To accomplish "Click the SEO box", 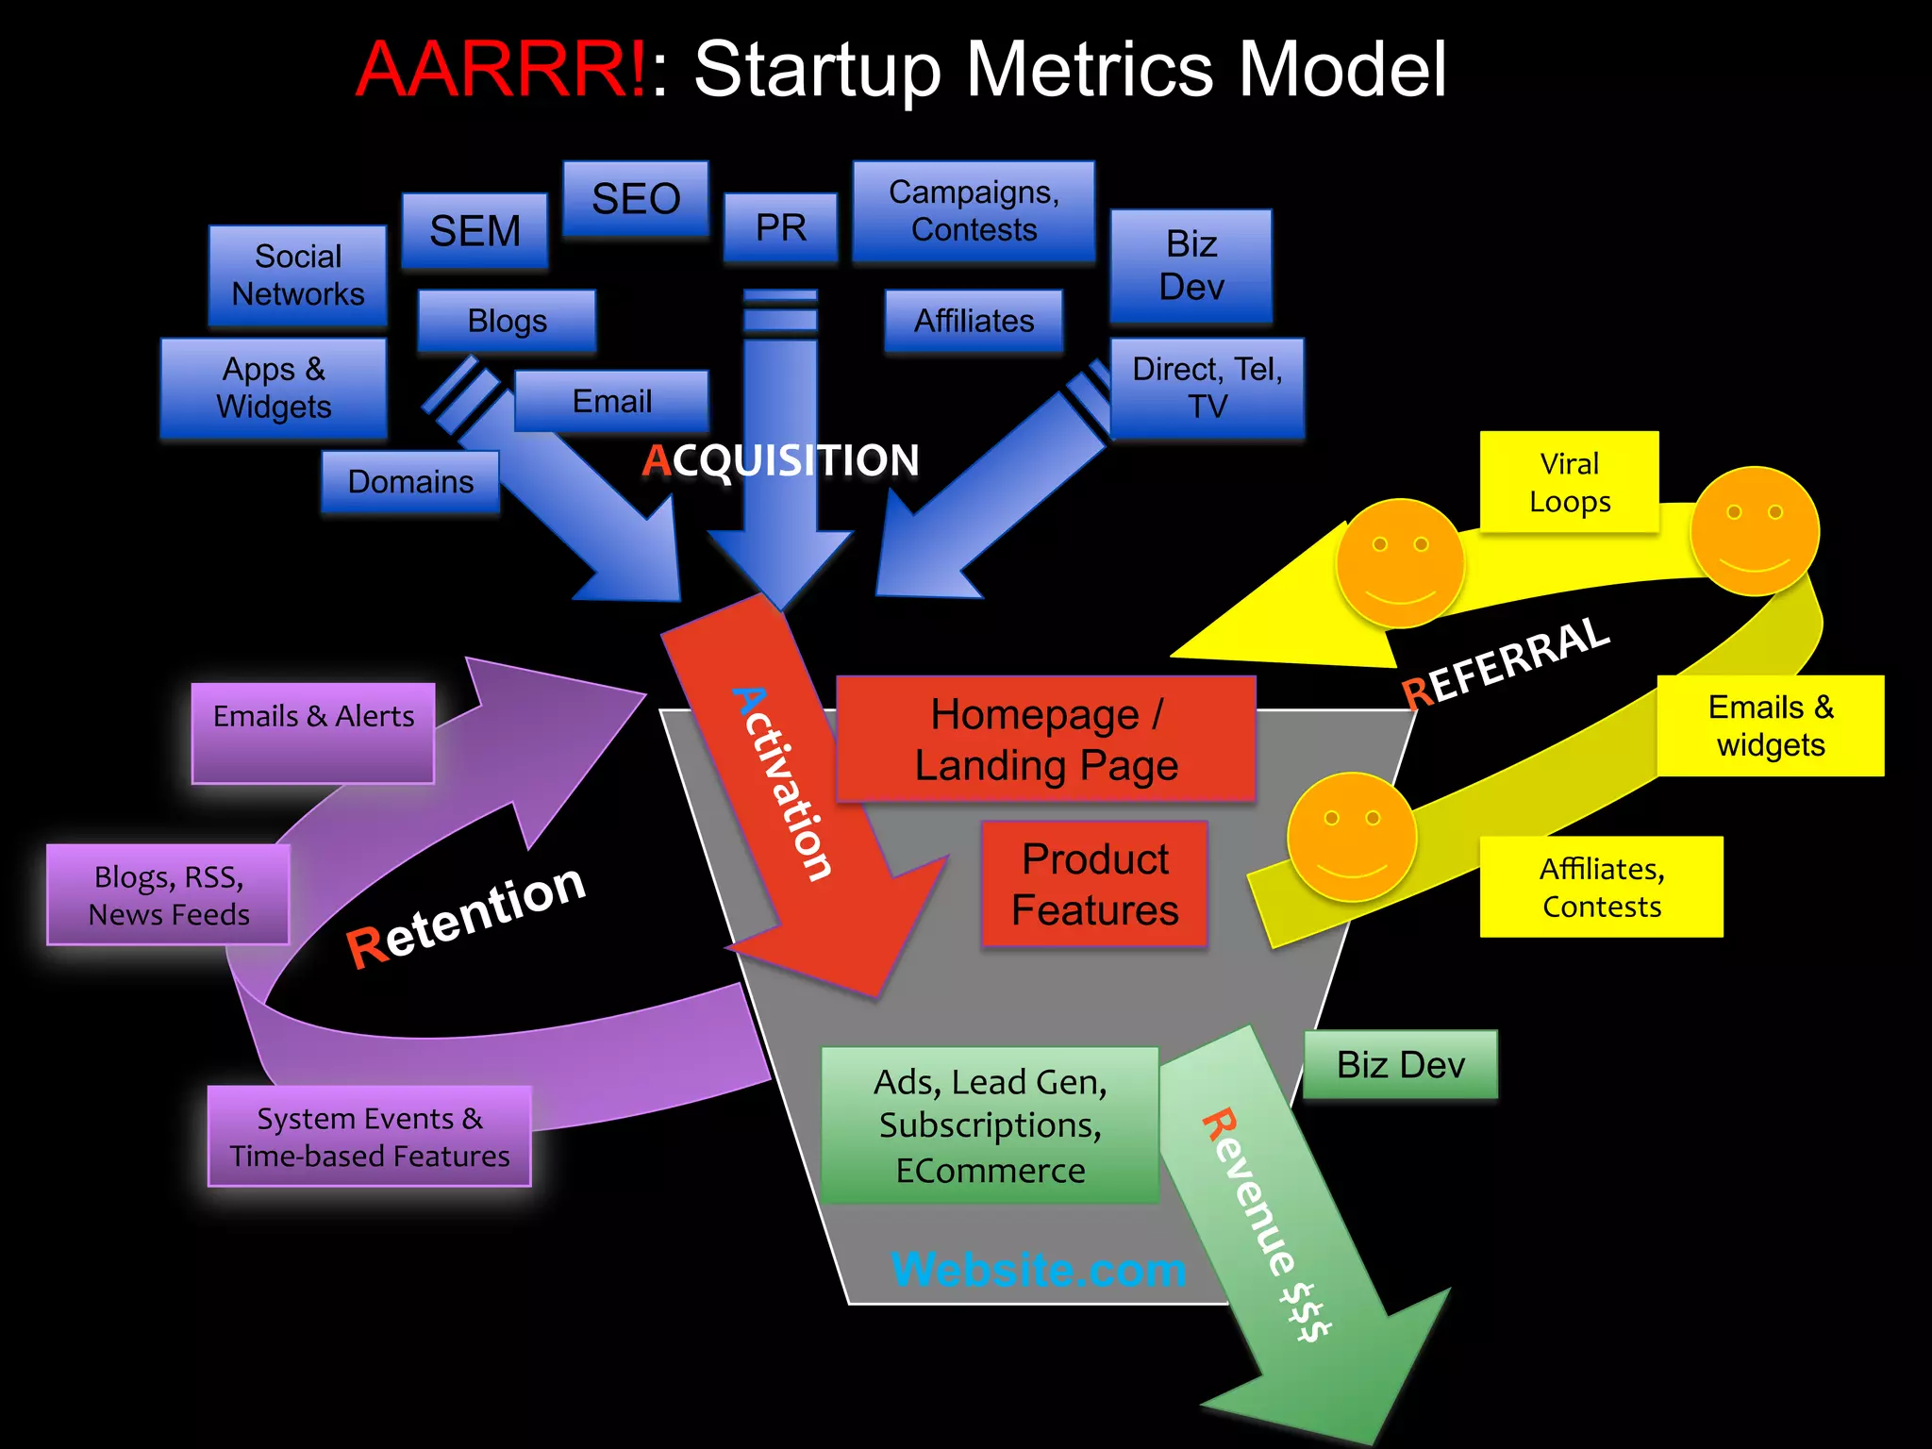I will (x=635, y=198).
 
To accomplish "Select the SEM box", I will (x=475, y=231).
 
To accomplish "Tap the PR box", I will (x=780, y=227).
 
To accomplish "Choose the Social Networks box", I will (x=297, y=275).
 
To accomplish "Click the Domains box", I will (x=410, y=482).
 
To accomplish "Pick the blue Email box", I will (x=611, y=401).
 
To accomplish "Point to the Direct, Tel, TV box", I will (x=1207, y=388).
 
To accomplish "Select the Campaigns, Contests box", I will (x=974, y=210).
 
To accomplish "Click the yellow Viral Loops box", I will (x=1569, y=482).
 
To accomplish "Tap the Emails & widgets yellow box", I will (x=1770, y=725).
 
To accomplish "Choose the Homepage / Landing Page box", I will (x=1045, y=740).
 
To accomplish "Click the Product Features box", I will (x=1094, y=884).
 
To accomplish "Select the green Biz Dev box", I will (x=1400, y=1065).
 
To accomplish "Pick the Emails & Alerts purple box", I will (x=313, y=732).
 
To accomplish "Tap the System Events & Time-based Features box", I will (x=369, y=1137).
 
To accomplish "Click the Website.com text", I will (x=1039, y=1270).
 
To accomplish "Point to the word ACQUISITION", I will (x=780, y=460).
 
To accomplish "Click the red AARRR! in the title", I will (x=501, y=70).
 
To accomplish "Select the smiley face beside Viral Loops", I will (x=1755, y=531).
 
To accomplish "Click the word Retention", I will (x=466, y=915).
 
